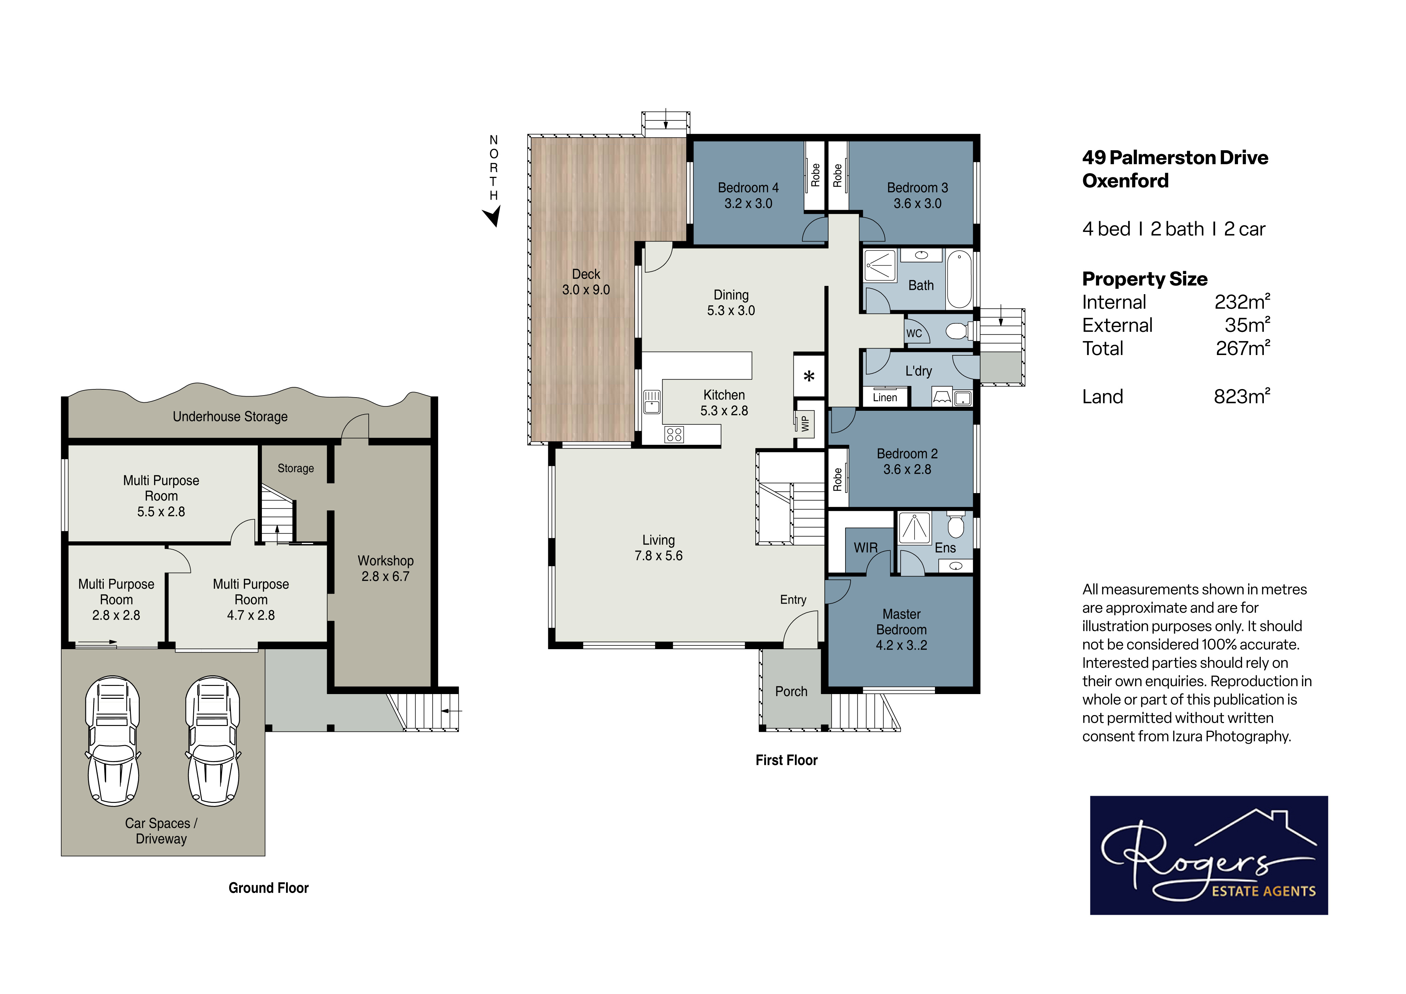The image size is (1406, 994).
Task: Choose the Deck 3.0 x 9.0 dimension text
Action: (x=586, y=290)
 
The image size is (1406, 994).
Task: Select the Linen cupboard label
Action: (x=885, y=398)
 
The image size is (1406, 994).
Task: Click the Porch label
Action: (x=791, y=691)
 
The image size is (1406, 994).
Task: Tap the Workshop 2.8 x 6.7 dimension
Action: (x=385, y=576)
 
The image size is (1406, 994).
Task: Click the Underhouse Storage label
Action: (x=230, y=417)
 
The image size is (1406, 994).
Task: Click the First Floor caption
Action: (x=787, y=760)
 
